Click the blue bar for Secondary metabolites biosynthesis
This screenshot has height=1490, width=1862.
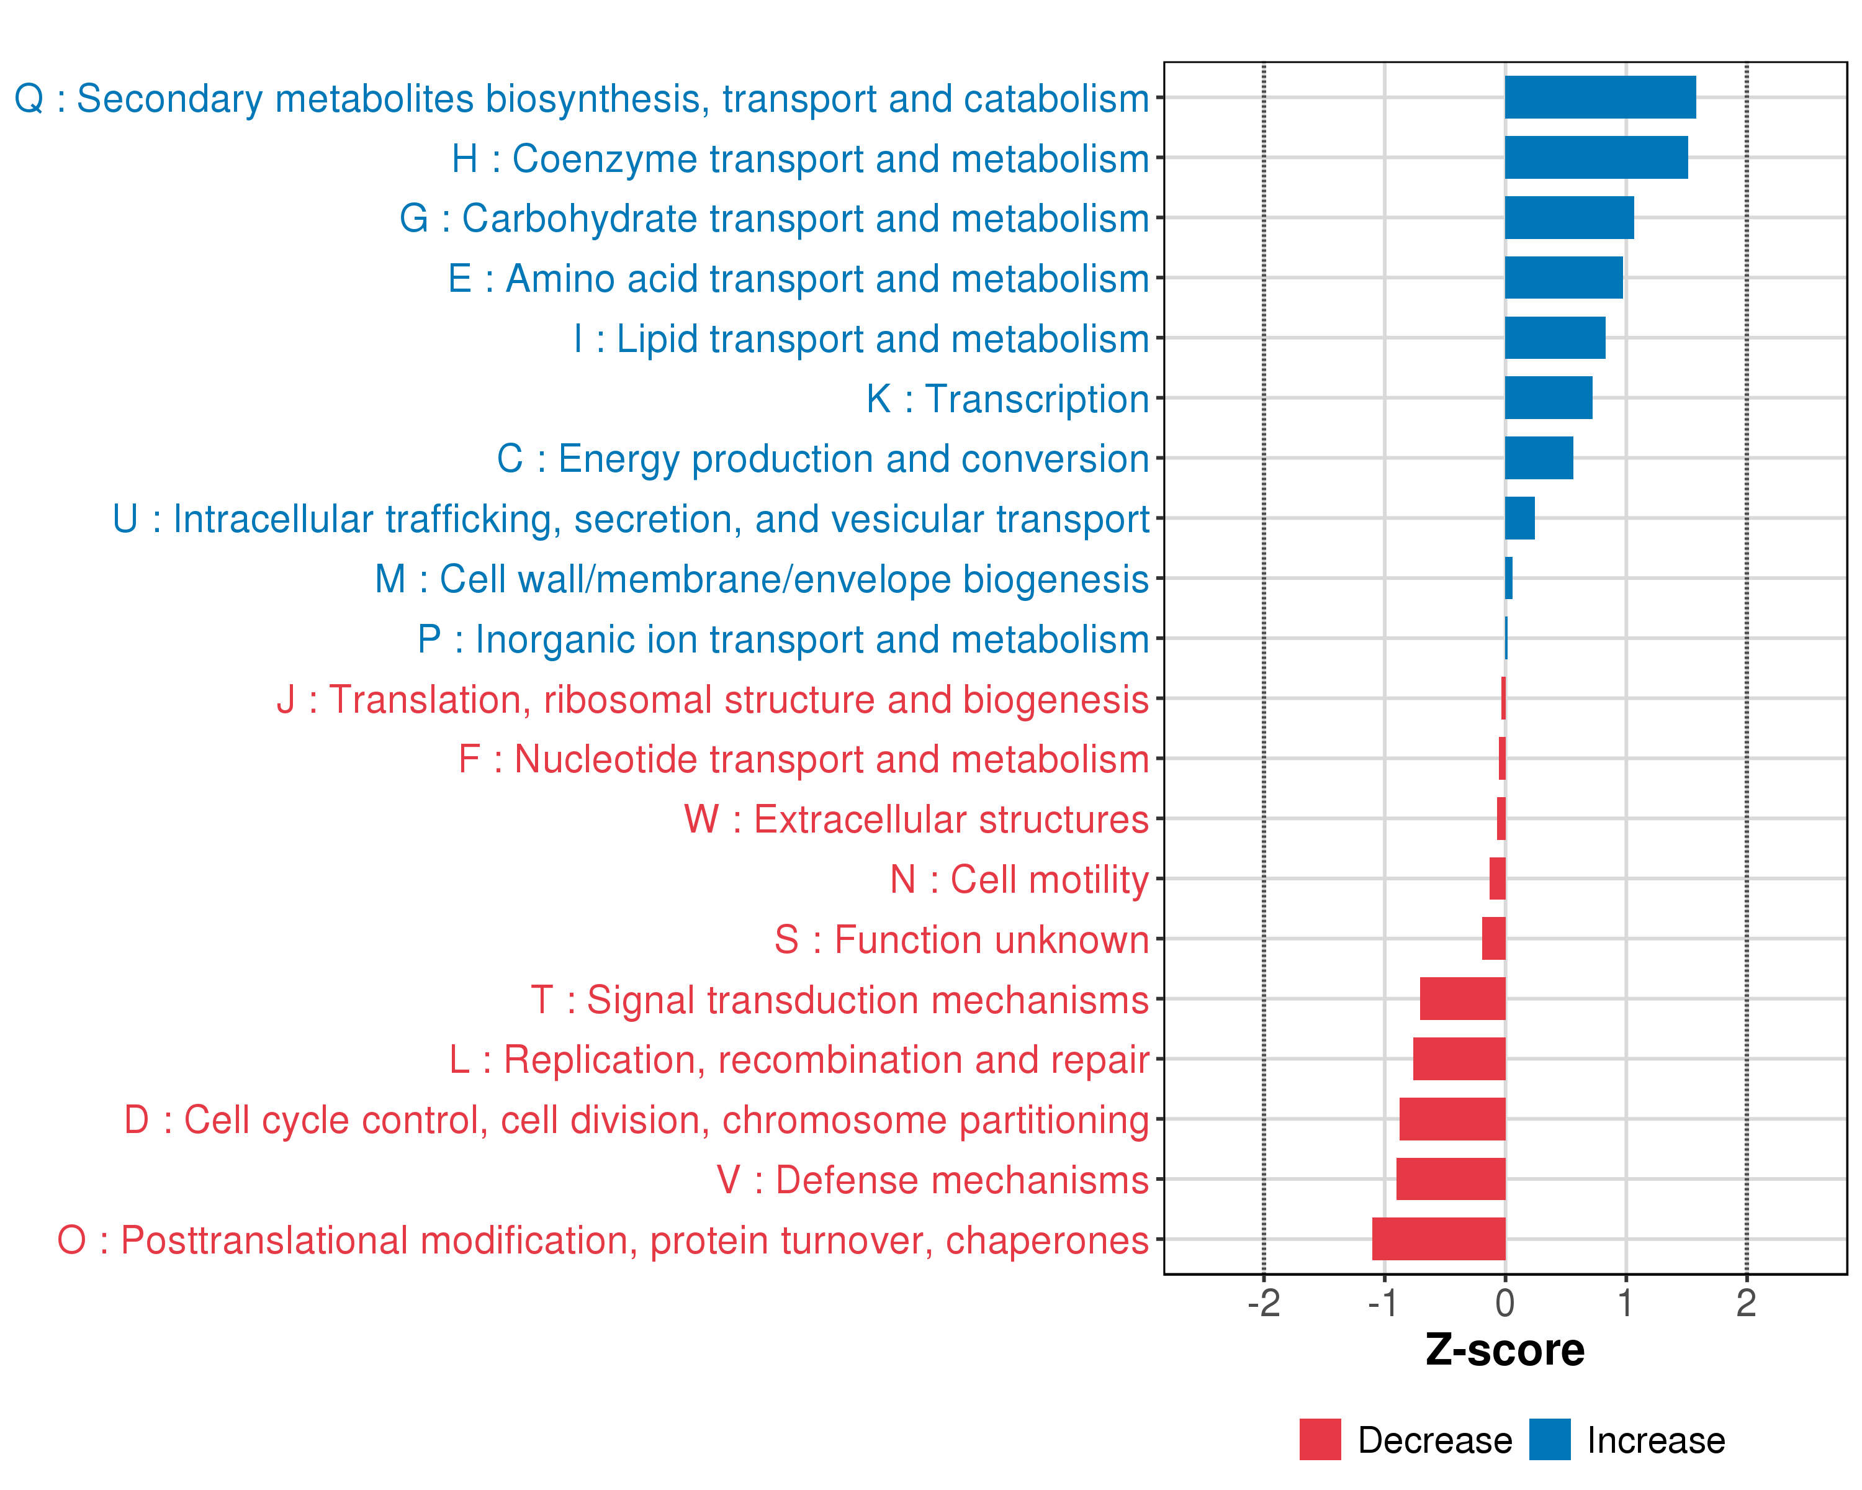(1599, 97)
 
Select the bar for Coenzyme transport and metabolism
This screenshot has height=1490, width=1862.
(1596, 157)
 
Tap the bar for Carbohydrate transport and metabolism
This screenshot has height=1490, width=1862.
(1568, 218)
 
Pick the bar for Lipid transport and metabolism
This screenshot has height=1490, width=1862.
(1555, 338)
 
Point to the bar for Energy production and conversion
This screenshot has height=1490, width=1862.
(1538, 458)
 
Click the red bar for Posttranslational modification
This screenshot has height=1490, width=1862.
(1438, 1239)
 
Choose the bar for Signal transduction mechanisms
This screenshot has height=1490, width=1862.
(1462, 998)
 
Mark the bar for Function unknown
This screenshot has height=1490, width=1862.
(1493, 939)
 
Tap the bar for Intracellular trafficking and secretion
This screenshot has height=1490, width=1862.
(1519, 518)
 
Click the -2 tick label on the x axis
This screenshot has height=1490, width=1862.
(1264, 1303)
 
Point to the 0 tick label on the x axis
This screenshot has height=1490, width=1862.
(1504, 1303)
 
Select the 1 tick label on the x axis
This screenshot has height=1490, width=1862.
(1626, 1303)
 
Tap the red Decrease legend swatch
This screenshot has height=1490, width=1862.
(1320, 1440)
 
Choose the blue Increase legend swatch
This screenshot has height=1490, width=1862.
(1549, 1440)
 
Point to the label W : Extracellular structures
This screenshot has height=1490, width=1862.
(915, 819)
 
